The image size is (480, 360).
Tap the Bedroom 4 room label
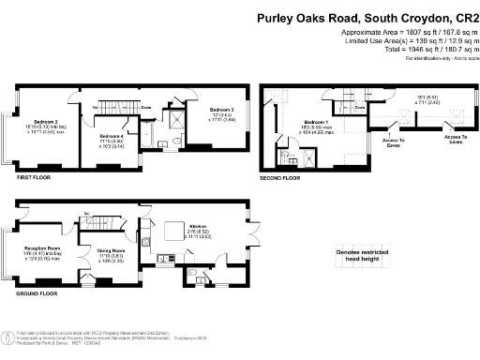(112, 137)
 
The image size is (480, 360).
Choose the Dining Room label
(112, 249)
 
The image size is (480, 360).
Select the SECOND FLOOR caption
(280, 176)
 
